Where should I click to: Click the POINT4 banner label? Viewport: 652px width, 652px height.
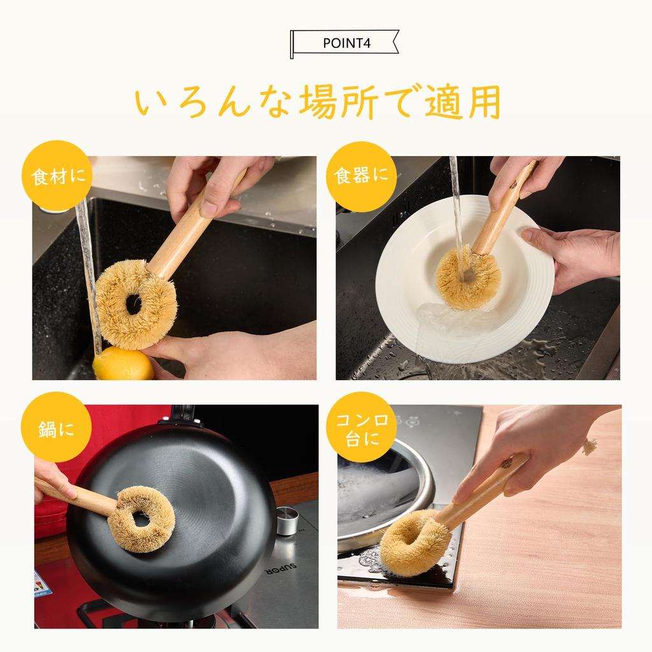coord(344,43)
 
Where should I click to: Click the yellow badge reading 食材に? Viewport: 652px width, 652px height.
coord(57,176)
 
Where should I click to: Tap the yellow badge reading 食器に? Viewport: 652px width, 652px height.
coord(360,176)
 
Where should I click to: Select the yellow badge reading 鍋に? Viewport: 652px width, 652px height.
coord(56,427)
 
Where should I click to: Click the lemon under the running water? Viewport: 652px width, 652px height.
coord(124,364)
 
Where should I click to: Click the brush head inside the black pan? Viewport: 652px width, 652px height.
coord(141,518)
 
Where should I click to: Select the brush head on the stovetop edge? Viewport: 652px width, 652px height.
coord(415,543)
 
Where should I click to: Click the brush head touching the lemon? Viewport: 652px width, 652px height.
coord(136,304)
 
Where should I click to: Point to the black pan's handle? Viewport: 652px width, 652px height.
coord(182,415)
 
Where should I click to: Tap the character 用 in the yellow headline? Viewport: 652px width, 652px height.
coord(483,101)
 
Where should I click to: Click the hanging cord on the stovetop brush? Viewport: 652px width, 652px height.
coord(590,446)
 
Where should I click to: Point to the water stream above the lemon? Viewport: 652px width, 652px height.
coord(89,274)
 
